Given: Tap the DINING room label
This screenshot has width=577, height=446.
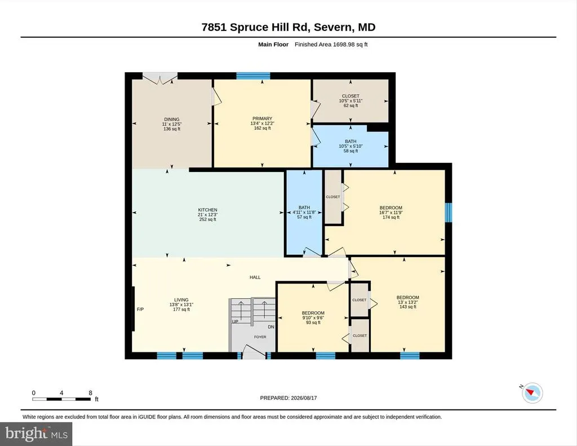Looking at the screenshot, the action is click(x=172, y=120).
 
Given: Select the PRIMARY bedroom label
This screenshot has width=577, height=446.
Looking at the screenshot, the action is click(x=263, y=118).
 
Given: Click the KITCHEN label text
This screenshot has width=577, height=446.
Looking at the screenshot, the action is click(x=207, y=210).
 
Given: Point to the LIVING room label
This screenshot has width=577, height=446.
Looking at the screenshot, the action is click(x=181, y=300).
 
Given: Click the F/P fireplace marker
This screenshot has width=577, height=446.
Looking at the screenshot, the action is click(x=140, y=310).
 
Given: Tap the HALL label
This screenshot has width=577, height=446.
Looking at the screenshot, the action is click(x=255, y=277).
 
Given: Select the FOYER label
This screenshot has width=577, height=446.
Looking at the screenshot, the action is click(x=260, y=337).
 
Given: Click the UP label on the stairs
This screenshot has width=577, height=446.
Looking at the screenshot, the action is click(x=235, y=321).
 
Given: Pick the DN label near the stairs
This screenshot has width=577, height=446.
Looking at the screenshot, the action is click(x=271, y=327).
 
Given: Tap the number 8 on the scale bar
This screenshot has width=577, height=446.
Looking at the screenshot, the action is click(x=90, y=393).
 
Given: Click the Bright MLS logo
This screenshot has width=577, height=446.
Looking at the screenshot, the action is click(x=36, y=434).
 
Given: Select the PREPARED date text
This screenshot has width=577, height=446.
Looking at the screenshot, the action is click(x=288, y=398).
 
